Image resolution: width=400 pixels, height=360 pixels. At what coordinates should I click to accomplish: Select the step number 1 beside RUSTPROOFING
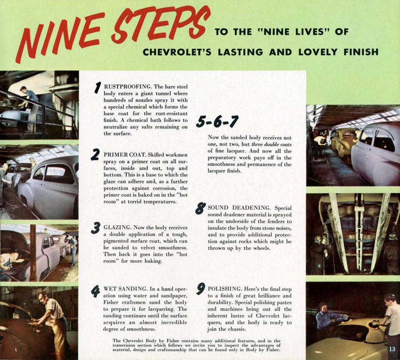click(x=98, y=88)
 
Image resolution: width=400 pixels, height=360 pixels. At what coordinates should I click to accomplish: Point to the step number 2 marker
click(x=95, y=154)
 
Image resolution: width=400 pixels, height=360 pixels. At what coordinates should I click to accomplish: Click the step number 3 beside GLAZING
click(x=95, y=227)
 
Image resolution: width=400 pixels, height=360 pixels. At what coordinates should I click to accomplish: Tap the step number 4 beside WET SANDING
click(x=95, y=290)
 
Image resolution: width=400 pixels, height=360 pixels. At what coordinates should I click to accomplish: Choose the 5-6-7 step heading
click(x=217, y=122)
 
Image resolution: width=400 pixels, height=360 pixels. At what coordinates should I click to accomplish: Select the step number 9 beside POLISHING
click(x=200, y=289)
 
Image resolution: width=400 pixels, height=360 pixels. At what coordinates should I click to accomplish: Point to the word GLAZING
click(x=117, y=227)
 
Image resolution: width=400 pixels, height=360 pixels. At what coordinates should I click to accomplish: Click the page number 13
click(x=392, y=348)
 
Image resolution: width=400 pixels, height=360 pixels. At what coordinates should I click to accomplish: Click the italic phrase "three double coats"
click(x=271, y=144)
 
